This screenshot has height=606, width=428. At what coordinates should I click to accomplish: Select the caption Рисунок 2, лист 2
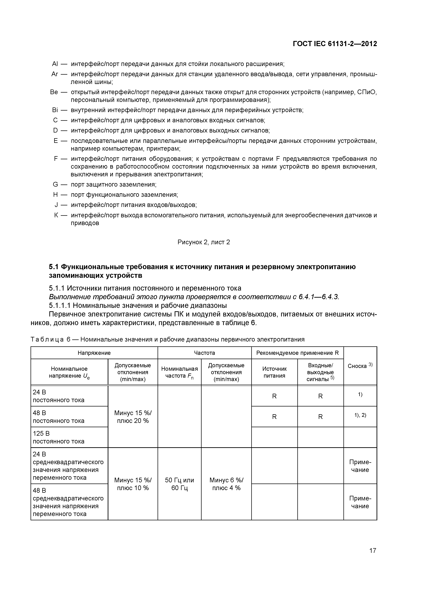tap(204, 242)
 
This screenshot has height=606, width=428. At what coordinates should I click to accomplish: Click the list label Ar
tap(55, 74)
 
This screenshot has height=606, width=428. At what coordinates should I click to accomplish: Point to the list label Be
tap(54, 92)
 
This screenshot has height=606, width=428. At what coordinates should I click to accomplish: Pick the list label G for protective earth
tap(55, 184)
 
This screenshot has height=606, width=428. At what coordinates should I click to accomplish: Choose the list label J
tap(56, 205)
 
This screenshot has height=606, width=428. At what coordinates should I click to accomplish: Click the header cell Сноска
tap(360, 366)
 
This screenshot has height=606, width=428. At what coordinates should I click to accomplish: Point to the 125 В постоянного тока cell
tap(59, 437)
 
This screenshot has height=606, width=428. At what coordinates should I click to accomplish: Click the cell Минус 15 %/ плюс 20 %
tap(133, 417)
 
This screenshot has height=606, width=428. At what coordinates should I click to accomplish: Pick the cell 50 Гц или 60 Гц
tap(179, 484)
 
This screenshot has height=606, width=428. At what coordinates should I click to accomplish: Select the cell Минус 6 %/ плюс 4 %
tap(226, 484)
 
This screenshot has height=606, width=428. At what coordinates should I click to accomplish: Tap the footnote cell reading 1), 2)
tap(360, 415)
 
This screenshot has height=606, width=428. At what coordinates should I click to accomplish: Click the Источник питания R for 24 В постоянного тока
tap(274, 396)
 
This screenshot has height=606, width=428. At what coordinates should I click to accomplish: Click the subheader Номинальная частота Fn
tap(179, 372)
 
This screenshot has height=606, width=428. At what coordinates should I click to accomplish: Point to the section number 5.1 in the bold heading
tap(54, 267)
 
